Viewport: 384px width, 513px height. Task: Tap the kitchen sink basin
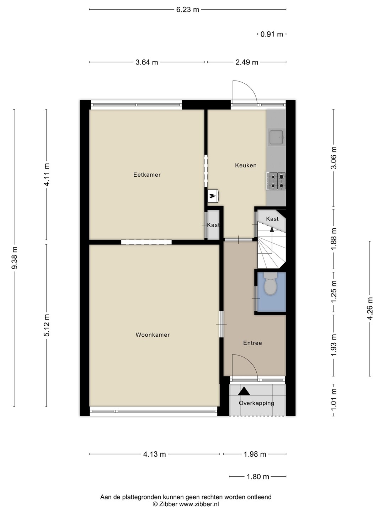[276, 137]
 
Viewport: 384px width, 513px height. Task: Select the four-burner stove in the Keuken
[276, 181]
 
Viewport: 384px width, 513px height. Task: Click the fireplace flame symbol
[212, 196]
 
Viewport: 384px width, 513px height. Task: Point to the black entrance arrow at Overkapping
[244, 391]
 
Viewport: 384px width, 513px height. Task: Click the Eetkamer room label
[147, 175]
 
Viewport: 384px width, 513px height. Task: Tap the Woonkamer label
[153, 335]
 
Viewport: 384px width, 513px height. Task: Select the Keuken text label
[246, 165]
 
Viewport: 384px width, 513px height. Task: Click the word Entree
[252, 343]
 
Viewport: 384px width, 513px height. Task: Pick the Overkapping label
[256, 403]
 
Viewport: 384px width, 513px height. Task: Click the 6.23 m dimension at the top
[188, 10]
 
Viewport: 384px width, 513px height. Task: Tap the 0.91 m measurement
[272, 34]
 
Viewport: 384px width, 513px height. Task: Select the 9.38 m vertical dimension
[15, 258]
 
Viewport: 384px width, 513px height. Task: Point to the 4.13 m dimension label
[154, 454]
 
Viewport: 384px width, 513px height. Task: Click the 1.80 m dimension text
[258, 476]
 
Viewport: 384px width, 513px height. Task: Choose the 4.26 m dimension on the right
[370, 308]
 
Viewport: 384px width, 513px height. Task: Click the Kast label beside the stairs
[272, 219]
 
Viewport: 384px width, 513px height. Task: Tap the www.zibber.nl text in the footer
[199, 504]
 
